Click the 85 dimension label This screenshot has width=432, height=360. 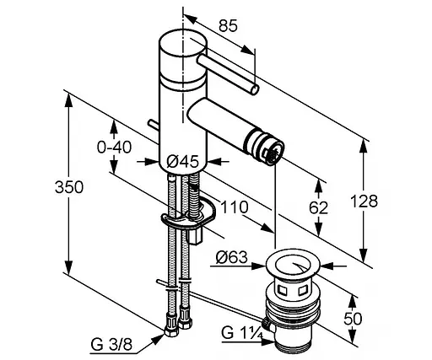tap(228, 26)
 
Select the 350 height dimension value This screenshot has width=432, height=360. tap(69, 187)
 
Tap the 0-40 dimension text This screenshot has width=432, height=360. tap(114, 147)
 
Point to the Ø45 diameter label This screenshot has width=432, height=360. tap(182, 162)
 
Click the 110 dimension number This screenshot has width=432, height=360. tap(235, 207)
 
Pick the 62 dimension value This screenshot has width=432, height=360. tap(318, 208)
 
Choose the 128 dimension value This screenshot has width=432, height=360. tap(364, 201)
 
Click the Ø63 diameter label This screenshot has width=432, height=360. tap(232, 257)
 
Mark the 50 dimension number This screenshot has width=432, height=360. tap(353, 319)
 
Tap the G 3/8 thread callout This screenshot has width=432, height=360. tap(111, 344)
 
